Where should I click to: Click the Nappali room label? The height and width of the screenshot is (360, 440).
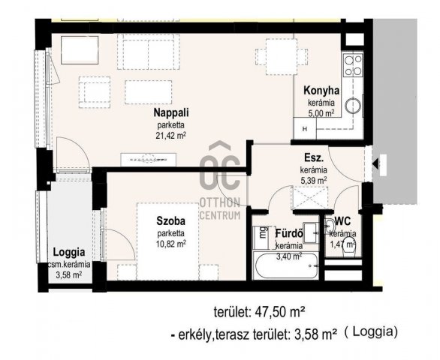click(x=171, y=112)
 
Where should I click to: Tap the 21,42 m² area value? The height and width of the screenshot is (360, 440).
click(x=171, y=136)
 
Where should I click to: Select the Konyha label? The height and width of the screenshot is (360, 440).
click(x=321, y=91)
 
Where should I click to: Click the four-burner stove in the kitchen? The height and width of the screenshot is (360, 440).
click(x=353, y=65)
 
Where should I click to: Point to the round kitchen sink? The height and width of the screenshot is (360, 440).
click(x=353, y=106)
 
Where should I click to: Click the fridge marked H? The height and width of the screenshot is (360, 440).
click(x=305, y=129)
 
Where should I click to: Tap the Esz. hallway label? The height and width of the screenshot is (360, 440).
click(x=314, y=158)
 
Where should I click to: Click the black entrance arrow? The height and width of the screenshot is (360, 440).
click(x=375, y=163)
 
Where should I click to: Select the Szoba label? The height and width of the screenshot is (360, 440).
click(x=171, y=221)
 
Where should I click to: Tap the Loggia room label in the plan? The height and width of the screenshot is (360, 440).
click(x=69, y=252)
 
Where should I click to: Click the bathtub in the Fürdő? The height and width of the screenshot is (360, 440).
click(x=286, y=265)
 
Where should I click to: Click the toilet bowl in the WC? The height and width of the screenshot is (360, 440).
click(x=348, y=246)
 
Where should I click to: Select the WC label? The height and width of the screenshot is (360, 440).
click(x=342, y=221)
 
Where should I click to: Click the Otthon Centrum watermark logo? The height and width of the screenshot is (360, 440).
click(x=220, y=182)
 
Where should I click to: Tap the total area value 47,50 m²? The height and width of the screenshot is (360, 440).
click(x=280, y=312)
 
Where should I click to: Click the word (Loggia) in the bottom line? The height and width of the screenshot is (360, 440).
click(x=371, y=332)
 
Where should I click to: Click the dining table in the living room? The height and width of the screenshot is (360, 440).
click(x=282, y=57)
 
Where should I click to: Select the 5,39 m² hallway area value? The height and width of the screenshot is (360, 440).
click(x=314, y=181)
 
